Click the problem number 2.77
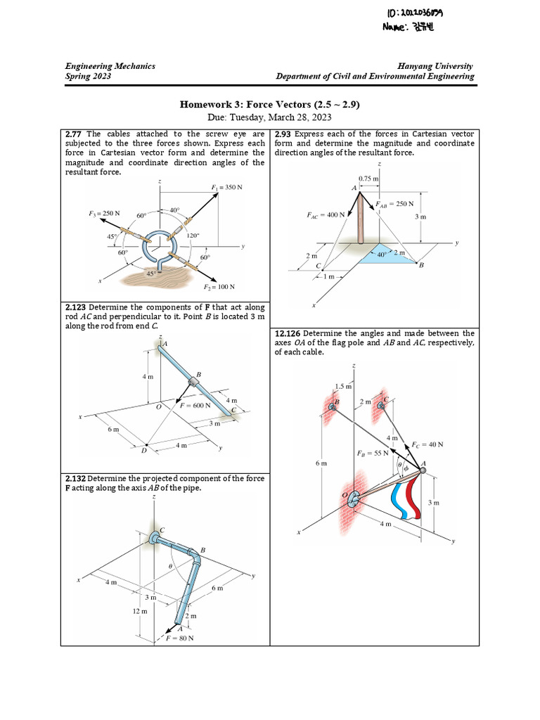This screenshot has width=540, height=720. tap(74, 134)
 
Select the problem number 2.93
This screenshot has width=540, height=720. tap(284, 134)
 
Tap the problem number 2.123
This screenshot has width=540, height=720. tap(76, 307)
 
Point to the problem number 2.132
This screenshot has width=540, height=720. tap(76, 479)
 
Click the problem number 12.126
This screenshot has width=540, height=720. tap(289, 333)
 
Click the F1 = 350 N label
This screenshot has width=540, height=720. tap(226, 188)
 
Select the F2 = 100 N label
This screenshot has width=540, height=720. tap(219, 287)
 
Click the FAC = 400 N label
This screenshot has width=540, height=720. tap(326, 215)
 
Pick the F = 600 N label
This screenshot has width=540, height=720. tap(197, 406)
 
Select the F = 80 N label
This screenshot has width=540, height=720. tap(179, 638)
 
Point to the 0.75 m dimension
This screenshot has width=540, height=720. tap(368, 179)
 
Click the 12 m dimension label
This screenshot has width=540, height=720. tap(140, 611)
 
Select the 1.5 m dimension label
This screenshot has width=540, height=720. tap(344, 386)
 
